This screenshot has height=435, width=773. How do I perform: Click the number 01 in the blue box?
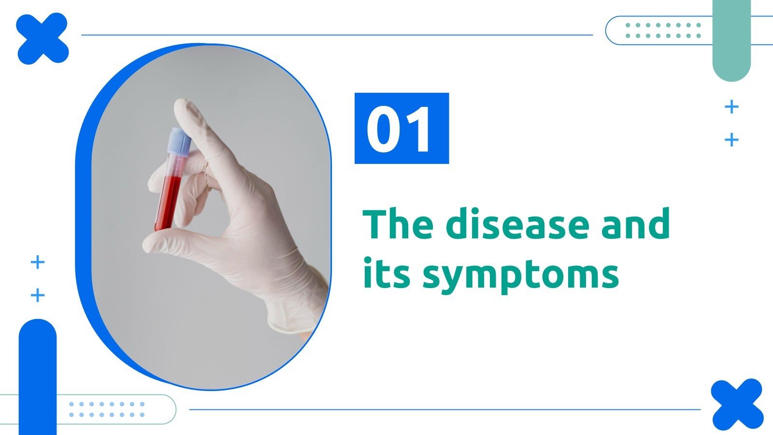coord(401,129)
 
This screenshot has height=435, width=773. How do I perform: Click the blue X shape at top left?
coord(42,39)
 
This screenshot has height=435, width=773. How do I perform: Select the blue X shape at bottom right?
coord(737,405)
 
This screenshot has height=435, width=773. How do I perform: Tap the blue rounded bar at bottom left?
coord(38,377)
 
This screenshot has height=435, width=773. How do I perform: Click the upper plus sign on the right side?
coord(732,106)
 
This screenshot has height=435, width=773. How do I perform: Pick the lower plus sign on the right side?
coord(732,140)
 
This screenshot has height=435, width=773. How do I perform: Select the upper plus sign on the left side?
coord(38,262)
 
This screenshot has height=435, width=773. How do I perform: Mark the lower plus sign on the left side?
coord(38,295)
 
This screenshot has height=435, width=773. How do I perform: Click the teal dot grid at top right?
coord(663,30)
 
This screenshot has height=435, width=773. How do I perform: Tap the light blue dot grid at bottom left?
coord(106,409)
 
